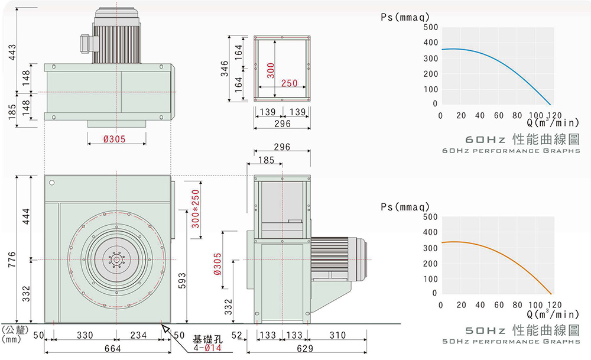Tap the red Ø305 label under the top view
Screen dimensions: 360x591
coord(116,139)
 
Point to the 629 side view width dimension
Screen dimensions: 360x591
coord(305,349)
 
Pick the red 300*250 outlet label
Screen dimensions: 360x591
coord(196,210)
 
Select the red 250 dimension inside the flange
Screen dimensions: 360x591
coord(289,83)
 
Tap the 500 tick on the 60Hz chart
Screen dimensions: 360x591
coord(430,28)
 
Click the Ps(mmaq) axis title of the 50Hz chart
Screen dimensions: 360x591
coord(404,207)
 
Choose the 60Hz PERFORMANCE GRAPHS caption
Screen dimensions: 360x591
coord(511,152)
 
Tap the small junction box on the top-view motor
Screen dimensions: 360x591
coord(86,41)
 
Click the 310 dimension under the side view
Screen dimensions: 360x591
coord(337,336)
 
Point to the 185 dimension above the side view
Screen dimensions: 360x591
coord(267,160)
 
